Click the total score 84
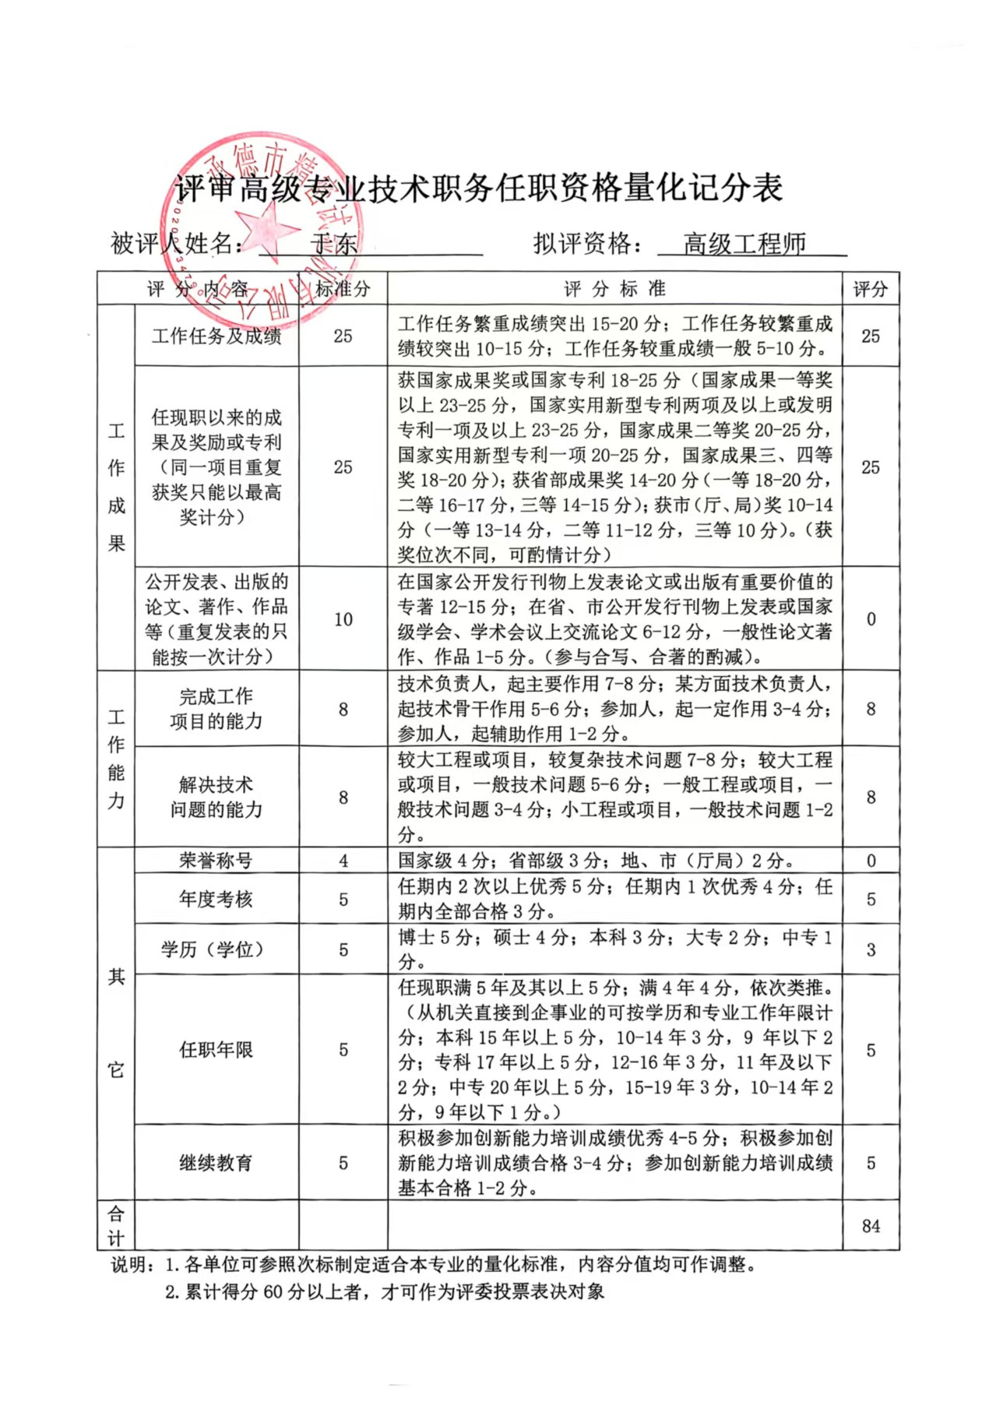pyautogui.click(x=871, y=1225)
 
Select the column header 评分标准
pyautogui.click(x=614, y=289)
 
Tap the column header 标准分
pyautogui.click(x=343, y=289)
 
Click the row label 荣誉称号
pyautogui.click(x=216, y=860)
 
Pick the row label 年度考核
pyautogui.click(x=216, y=899)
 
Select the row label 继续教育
pyautogui.click(x=216, y=1163)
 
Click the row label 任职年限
pyautogui.click(x=216, y=1049)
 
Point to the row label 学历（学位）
pyautogui.click(x=216, y=949)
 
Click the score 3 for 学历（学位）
pyautogui.click(x=871, y=949)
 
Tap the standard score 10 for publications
pyautogui.click(x=343, y=619)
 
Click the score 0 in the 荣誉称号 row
pyautogui.click(x=871, y=861)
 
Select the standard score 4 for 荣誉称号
pyautogui.click(x=343, y=861)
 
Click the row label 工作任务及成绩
pyautogui.click(x=216, y=336)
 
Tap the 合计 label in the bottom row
pyautogui.click(x=115, y=1225)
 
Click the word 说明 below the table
pyautogui.click(x=129, y=1265)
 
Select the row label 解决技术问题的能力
pyautogui.click(x=216, y=797)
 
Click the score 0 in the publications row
pyautogui.click(x=871, y=619)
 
